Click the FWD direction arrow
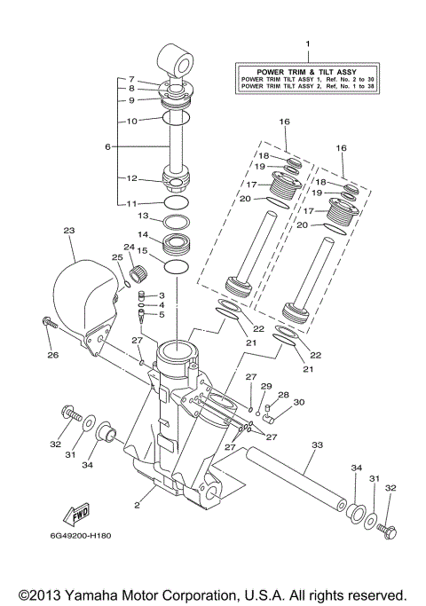pyautogui.click(x=75, y=512)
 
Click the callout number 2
pyautogui.click(x=138, y=506)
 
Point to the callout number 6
pyautogui.click(x=108, y=146)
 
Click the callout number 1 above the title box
pyautogui.click(x=307, y=43)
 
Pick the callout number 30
pyautogui.click(x=298, y=402)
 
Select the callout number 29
pyautogui.click(x=264, y=387)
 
